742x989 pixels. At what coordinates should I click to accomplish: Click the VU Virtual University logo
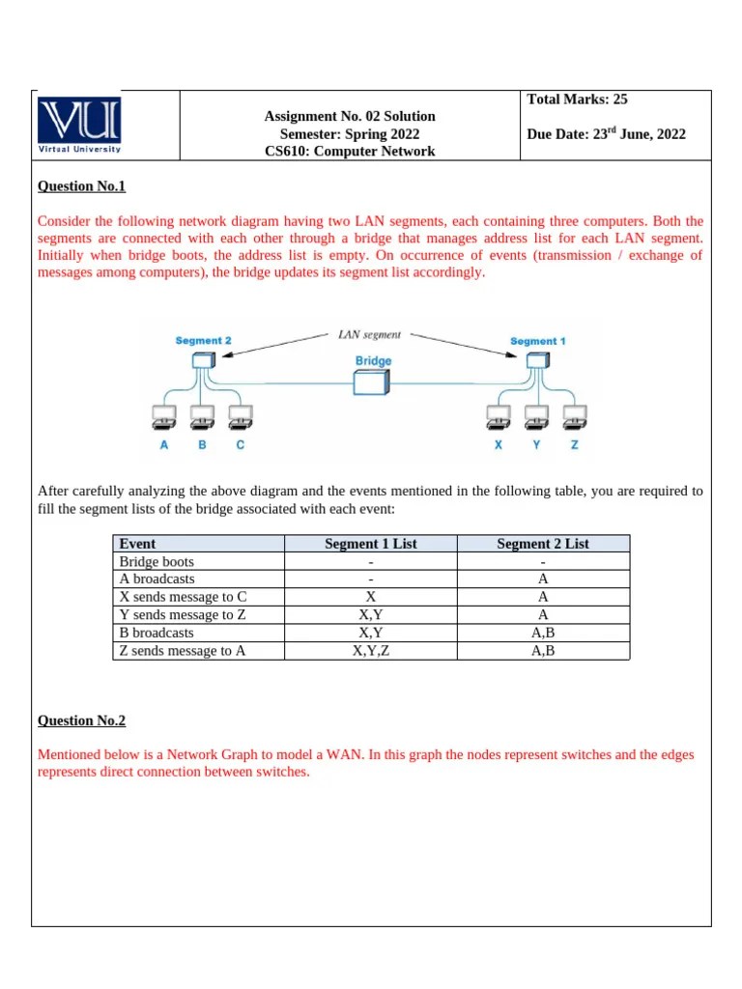tap(79, 125)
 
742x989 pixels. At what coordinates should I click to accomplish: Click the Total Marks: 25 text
tap(577, 99)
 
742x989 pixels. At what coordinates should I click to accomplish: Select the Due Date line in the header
tap(606, 133)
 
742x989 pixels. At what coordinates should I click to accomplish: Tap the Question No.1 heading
tap(81, 186)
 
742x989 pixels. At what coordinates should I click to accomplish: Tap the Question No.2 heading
tap(81, 721)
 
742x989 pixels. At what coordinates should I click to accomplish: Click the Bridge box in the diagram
tap(372, 382)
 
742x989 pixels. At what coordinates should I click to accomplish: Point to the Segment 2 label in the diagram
tap(203, 341)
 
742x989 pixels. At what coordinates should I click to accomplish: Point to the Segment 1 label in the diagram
tap(538, 341)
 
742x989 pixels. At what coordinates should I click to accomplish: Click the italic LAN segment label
tap(370, 334)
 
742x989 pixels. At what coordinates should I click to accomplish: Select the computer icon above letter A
tap(164, 418)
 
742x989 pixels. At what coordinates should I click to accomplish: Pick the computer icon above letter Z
tap(575, 418)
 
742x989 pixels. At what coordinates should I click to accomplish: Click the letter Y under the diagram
tap(536, 445)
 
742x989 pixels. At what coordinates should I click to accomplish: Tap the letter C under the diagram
tap(241, 445)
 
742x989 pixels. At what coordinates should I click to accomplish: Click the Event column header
tap(137, 544)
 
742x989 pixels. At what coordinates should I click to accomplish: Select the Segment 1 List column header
tap(370, 544)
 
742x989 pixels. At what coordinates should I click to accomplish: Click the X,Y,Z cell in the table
tap(370, 651)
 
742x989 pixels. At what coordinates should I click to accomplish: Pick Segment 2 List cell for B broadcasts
tap(542, 633)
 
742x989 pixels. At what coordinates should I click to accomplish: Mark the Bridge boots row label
tap(157, 561)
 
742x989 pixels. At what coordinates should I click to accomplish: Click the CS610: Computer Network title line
tap(350, 151)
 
